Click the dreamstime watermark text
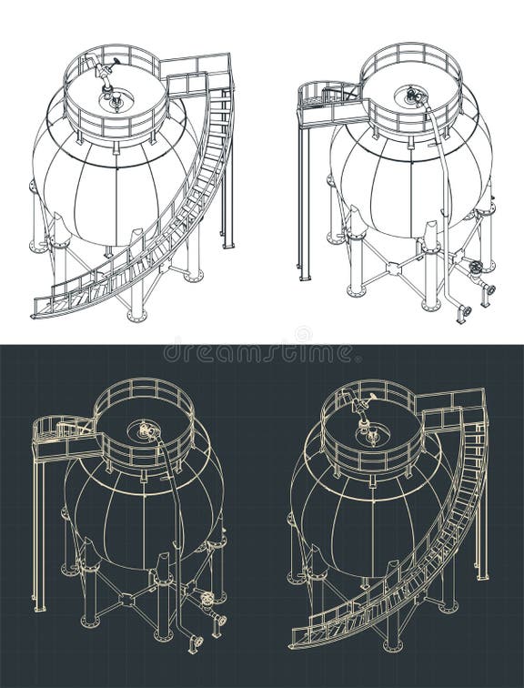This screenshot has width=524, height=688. click(262, 350)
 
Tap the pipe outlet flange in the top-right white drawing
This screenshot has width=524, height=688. click(465, 312)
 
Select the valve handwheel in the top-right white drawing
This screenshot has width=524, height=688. click(475, 269)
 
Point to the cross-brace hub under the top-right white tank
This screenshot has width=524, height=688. click(393, 268)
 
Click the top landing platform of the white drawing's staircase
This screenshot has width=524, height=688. click(195, 73)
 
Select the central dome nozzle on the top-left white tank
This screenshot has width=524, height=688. click(116, 102)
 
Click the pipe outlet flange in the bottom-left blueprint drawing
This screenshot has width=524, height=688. click(196, 642)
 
